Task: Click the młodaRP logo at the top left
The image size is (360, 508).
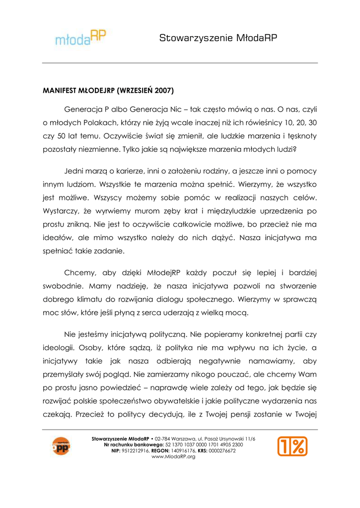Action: coord(80,37)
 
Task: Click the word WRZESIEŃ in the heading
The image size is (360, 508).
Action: coord(135,92)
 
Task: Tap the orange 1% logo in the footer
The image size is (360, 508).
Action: coord(292,446)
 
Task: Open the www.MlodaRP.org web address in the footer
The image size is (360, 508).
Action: coord(173,456)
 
